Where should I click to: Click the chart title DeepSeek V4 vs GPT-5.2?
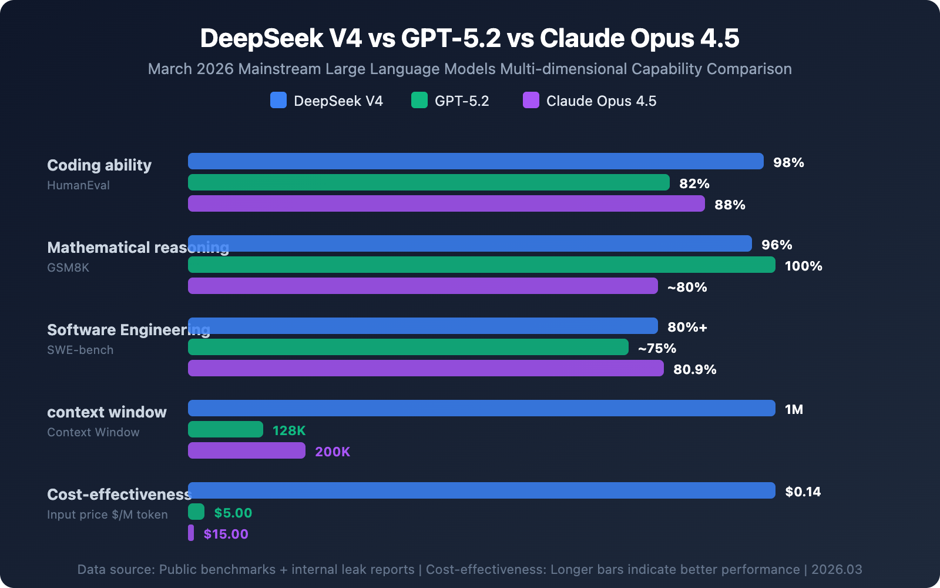pyautogui.click(x=469, y=39)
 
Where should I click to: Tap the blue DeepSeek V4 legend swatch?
pyautogui.click(x=278, y=100)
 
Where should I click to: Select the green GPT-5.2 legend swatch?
pyautogui.click(x=419, y=100)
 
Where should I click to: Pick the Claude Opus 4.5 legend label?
pyautogui.click(x=601, y=101)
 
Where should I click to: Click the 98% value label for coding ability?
pyautogui.click(x=788, y=162)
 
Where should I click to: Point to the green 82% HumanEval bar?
pyautogui.click(x=429, y=182)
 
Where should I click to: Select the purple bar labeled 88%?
pyautogui.click(x=446, y=203)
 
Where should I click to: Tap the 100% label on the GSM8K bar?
pyautogui.click(x=803, y=266)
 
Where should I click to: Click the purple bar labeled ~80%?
pyautogui.click(x=423, y=286)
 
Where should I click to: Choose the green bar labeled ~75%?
pyautogui.click(x=408, y=347)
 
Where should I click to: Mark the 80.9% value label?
pyautogui.click(x=694, y=369)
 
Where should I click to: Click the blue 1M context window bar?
pyautogui.click(x=482, y=408)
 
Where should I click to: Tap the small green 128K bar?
pyautogui.click(x=226, y=429)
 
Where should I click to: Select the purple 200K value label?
pyautogui.click(x=333, y=452)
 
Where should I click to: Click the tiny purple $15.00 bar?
pyautogui.click(x=191, y=533)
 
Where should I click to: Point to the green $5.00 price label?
pyautogui.click(x=233, y=513)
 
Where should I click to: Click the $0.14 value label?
pyautogui.click(x=803, y=492)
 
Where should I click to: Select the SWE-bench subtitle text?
pyautogui.click(x=80, y=350)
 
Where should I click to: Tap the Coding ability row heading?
pyautogui.click(x=99, y=165)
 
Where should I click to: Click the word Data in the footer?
pyautogui.click(x=90, y=569)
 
